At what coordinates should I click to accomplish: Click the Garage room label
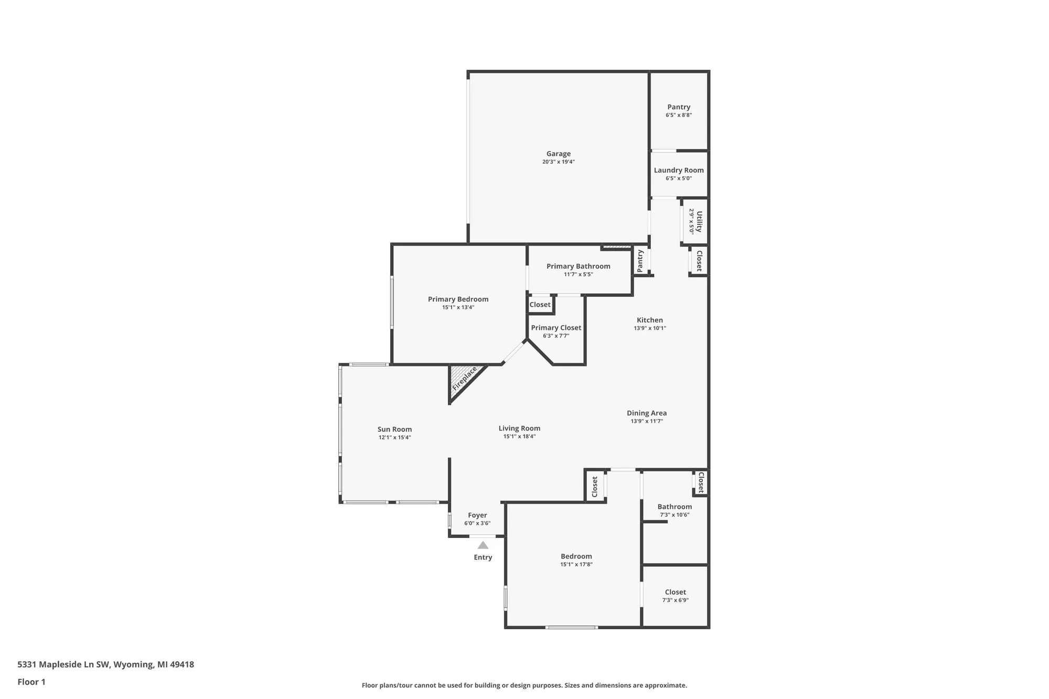click(x=558, y=154)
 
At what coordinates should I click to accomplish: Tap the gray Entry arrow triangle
click(x=483, y=545)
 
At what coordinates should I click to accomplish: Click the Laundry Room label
click(x=679, y=170)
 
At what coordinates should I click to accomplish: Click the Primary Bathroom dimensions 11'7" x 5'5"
click(x=578, y=274)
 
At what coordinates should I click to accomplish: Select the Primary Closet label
click(x=556, y=328)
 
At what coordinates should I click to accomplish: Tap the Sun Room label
click(x=394, y=429)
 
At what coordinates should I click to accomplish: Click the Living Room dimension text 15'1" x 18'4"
click(x=519, y=436)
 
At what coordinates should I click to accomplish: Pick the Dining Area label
click(x=646, y=413)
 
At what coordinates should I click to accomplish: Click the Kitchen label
click(x=649, y=320)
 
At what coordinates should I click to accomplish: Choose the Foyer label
click(x=477, y=515)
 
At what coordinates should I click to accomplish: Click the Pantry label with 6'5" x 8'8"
click(x=679, y=107)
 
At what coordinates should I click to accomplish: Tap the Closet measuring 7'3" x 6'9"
click(x=675, y=592)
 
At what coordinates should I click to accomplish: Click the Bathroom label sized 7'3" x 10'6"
click(x=675, y=507)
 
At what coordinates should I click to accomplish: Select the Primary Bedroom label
click(x=458, y=299)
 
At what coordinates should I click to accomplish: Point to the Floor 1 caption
click(x=31, y=682)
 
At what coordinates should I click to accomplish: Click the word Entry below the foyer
click(x=483, y=557)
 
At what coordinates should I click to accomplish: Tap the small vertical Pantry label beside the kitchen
click(x=640, y=261)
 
